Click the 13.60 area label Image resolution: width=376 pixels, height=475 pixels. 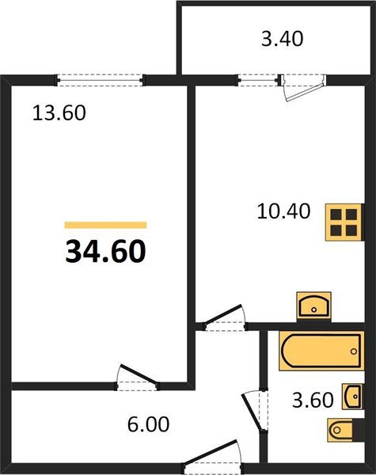pyautogui.click(x=58, y=112)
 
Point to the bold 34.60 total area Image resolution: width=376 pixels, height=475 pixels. pyautogui.click(x=104, y=252)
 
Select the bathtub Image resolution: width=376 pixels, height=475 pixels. pyautogui.click(x=321, y=351)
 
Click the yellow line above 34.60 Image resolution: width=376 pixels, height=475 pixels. pyautogui.click(x=105, y=225)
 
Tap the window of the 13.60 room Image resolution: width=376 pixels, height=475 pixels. pyautogui.click(x=100, y=78)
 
